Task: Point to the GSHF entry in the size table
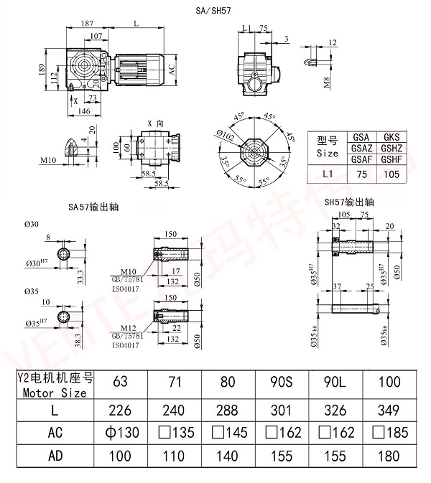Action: point(391,159)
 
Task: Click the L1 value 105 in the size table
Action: point(391,174)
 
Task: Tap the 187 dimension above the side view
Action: point(86,24)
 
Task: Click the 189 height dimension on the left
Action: point(42,70)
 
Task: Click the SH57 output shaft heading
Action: point(349,202)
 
